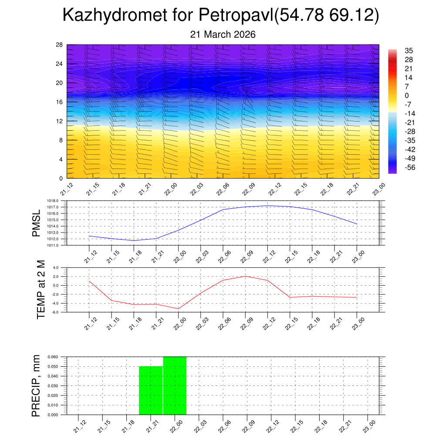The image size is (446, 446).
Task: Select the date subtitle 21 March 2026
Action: pos(223,34)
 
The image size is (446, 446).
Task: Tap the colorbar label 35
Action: pos(409,51)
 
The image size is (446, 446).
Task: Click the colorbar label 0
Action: pos(407,96)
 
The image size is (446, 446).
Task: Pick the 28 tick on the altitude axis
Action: pos(60,45)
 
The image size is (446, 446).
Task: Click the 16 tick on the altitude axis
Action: pos(60,102)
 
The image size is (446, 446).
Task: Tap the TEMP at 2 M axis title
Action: pos(41,289)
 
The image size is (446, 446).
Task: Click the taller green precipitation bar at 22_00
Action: pos(175,385)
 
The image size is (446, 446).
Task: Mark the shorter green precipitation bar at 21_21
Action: pos(151,390)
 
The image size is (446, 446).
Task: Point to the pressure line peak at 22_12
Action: pos(267,206)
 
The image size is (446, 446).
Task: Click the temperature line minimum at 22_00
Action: pos(179,308)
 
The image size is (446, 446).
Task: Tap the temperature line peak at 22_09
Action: pos(245,276)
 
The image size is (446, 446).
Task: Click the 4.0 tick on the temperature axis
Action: pos(55,268)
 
